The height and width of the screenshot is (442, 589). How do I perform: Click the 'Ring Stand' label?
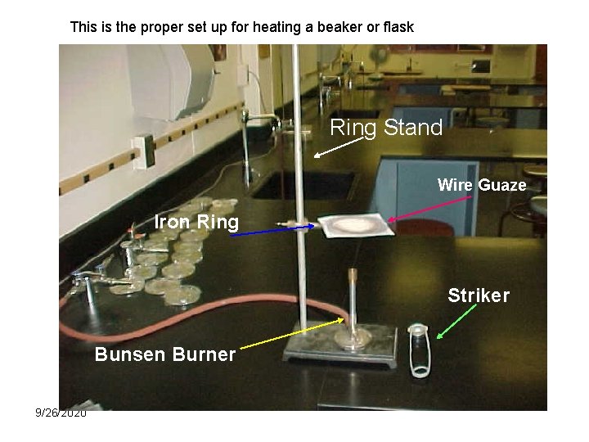386,128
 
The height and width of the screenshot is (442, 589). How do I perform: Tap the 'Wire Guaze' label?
482,185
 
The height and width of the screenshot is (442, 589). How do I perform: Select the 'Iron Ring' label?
196,222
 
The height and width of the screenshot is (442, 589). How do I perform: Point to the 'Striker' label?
479,295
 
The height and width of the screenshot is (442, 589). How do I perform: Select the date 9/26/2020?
61,413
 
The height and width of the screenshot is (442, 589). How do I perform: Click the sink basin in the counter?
303,184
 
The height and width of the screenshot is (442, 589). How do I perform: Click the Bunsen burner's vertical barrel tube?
353,299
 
